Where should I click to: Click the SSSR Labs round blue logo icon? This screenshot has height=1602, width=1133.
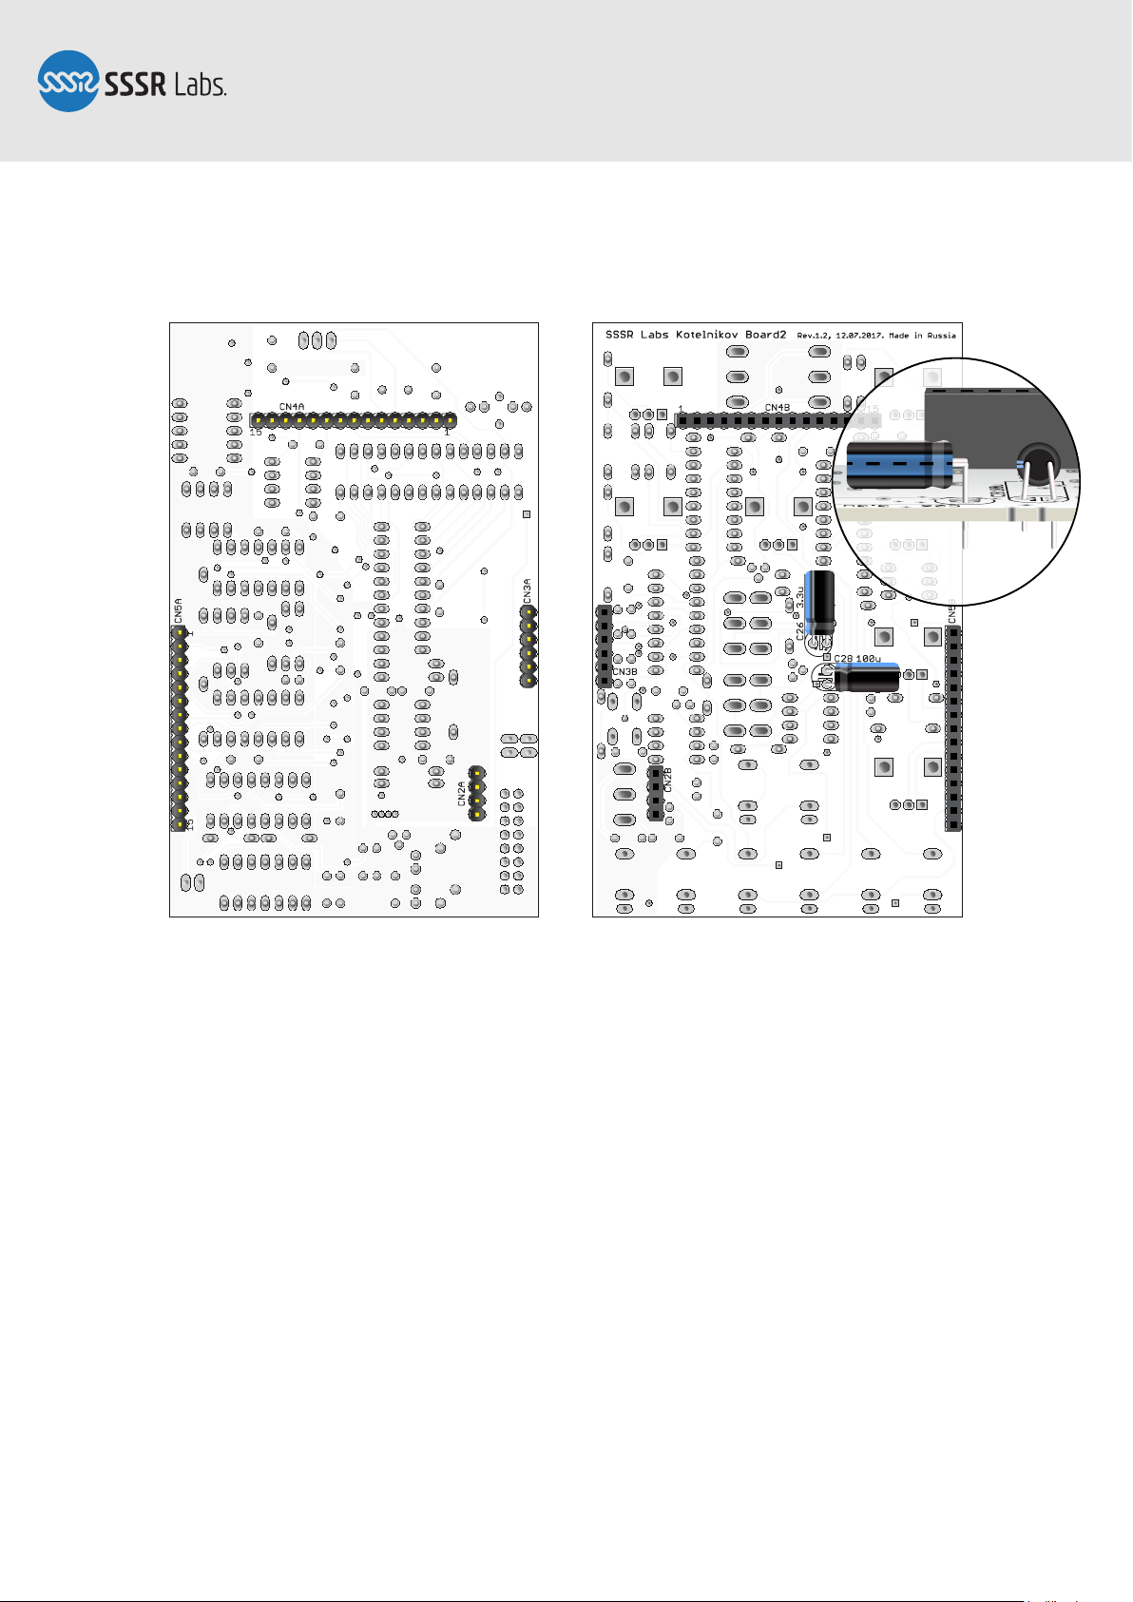(68, 81)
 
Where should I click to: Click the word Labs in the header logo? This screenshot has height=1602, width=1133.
(200, 85)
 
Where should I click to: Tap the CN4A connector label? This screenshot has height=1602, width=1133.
(292, 407)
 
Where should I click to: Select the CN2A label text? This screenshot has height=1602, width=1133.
(462, 793)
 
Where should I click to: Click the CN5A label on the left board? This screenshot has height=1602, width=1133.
(178, 610)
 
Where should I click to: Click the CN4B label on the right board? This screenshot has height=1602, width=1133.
(778, 408)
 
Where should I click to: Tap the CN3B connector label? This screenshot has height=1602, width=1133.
(624, 672)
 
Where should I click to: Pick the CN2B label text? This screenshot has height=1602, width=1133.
(668, 780)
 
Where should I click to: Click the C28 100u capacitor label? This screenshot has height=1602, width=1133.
(857, 658)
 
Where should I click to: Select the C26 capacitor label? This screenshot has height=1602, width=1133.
(800, 629)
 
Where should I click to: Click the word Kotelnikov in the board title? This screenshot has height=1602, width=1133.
(708, 335)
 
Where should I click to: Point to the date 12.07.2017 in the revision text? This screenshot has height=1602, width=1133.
(856, 336)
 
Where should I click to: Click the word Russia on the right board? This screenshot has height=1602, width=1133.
(942, 336)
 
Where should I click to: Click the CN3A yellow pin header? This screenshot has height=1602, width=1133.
(528, 647)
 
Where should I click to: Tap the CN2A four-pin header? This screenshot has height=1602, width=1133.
(477, 794)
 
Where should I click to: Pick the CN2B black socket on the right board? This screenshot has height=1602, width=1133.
(655, 794)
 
